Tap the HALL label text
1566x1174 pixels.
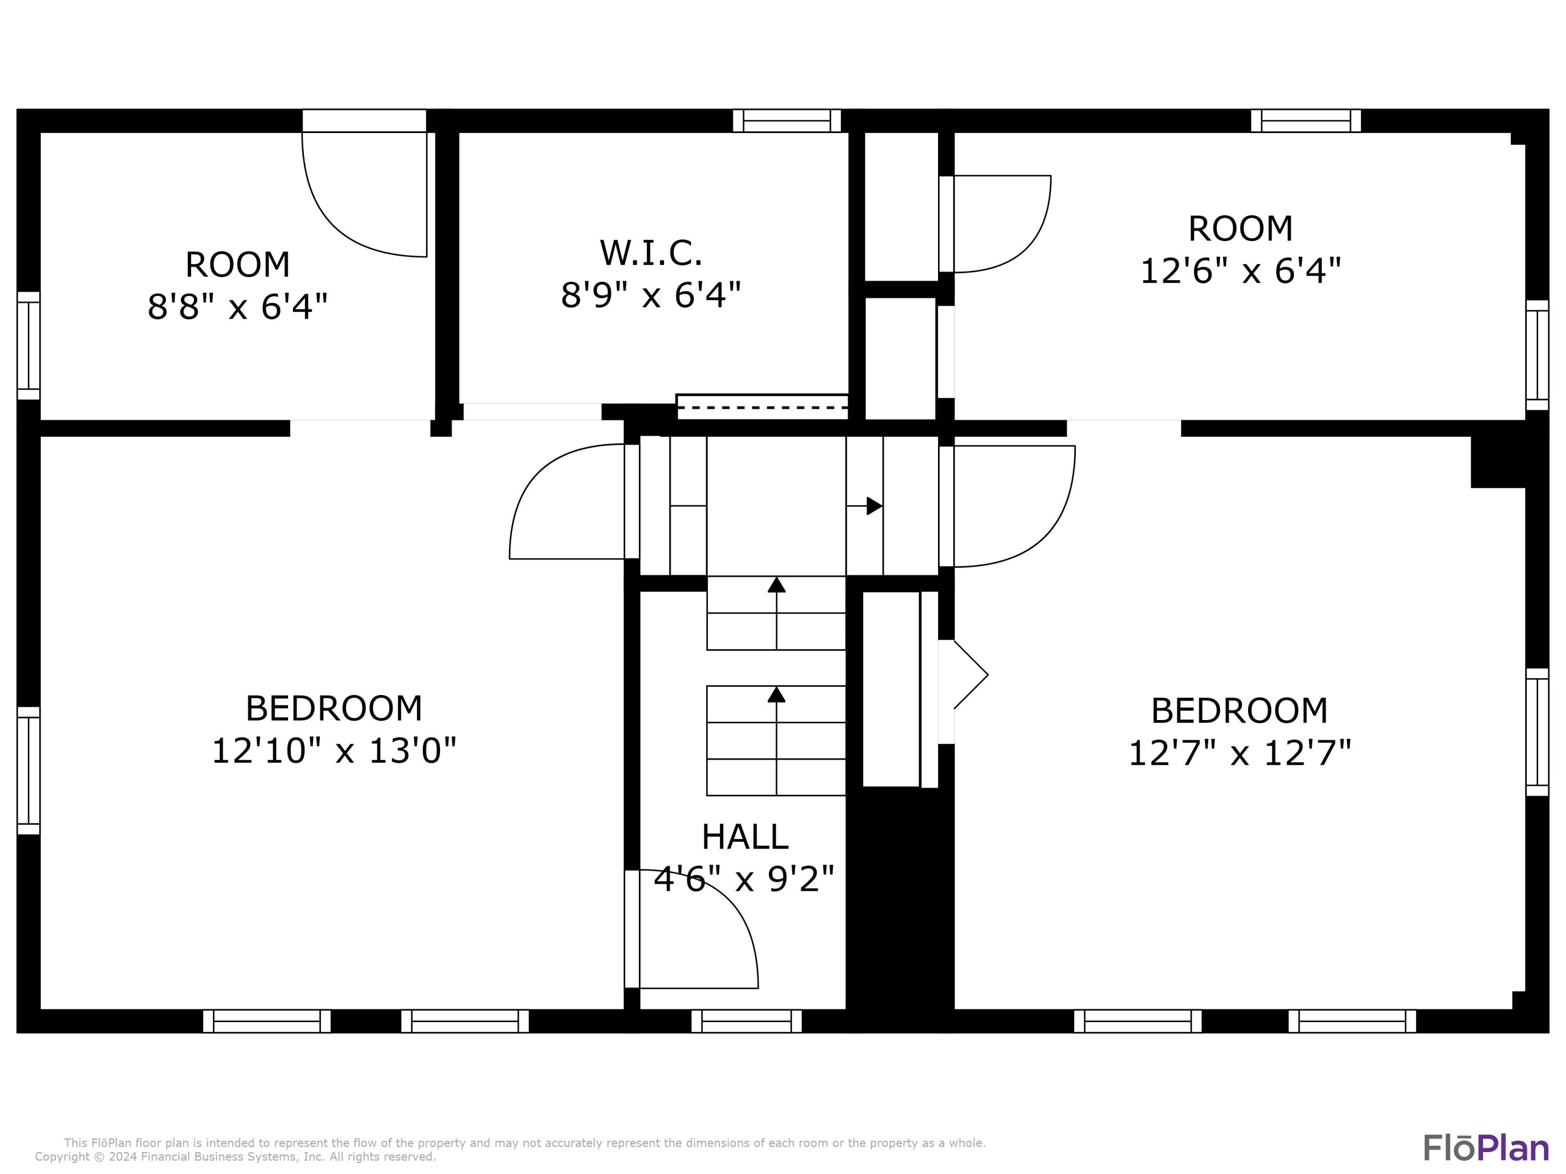coord(744,837)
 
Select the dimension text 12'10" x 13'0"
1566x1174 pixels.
coord(334,751)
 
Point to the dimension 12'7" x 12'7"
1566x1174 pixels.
coord(1239,753)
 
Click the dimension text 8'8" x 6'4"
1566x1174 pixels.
coord(237,307)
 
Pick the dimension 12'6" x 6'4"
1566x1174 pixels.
coord(1240,271)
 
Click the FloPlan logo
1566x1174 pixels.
coord(1485,1148)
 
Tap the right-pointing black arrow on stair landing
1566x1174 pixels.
coord(874,506)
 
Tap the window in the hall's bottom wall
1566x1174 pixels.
coord(746,1021)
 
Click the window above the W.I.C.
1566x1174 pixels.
coord(786,121)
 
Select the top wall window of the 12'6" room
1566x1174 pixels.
coord(1305,121)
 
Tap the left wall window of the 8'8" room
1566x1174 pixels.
coord(28,345)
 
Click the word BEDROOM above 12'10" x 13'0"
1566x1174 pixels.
coord(334,709)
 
